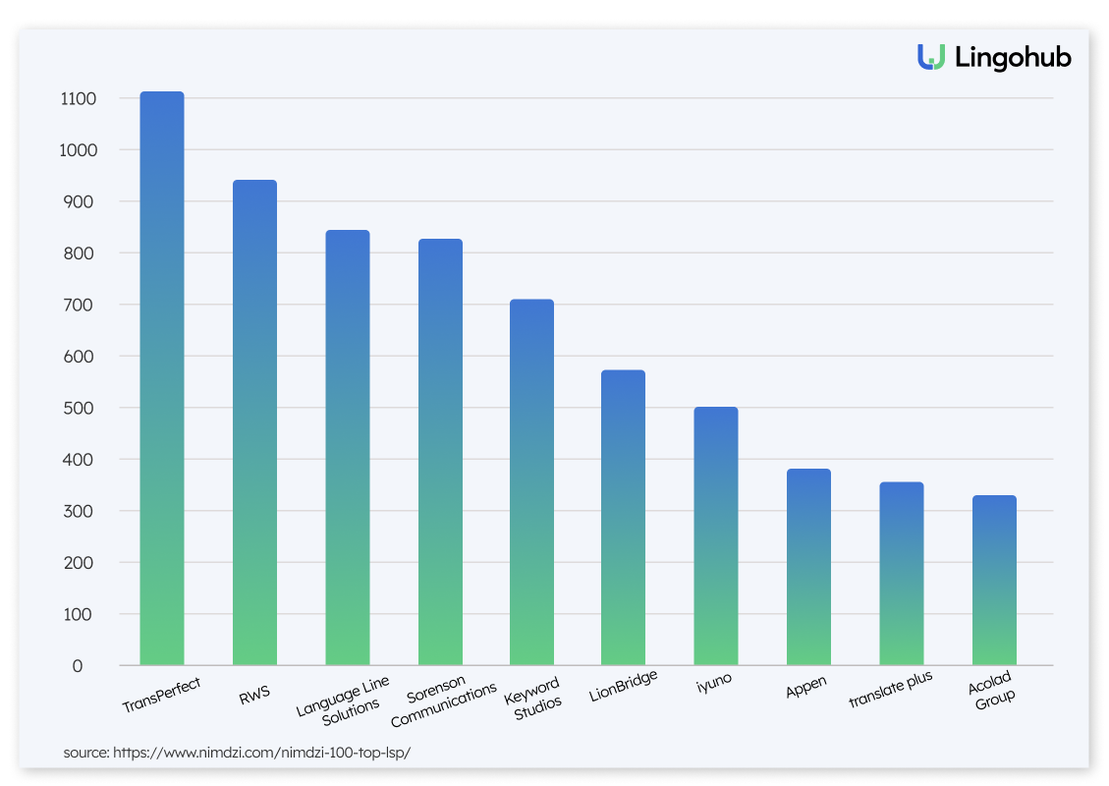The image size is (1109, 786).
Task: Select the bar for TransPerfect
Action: pyautogui.click(x=162, y=378)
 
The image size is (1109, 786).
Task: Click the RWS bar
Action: pyautogui.click(x=254, y=422)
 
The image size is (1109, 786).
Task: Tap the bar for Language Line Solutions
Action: pyautogui.click(x=348, y=447)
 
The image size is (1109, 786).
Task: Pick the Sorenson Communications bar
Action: pyautogui.click(x=440, y=452)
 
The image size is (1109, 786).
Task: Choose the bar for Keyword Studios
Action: pyautogui.click(x=531, y=481)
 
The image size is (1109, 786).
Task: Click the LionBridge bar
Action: pyautogui.click(x=623, y=517)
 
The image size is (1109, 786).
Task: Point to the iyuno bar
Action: pyautogui.click(x=715, y=535)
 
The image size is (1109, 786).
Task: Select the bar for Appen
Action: pyautogui.click(x=808, y=567)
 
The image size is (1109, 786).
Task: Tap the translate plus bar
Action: pyautogui.click(x=901, y=574)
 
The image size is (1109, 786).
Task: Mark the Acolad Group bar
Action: pyautogui.click(x=994, y=580)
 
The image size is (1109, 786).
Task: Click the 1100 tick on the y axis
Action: pyautogui.click(x=78, y=99)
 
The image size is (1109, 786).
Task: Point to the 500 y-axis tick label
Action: pyautogui.click(x=82, y=408)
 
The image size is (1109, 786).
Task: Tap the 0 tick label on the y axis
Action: pyautogui.click(x=77, y=666)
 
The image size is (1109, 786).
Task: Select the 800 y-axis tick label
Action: pyautogui.click(x=82, y=253)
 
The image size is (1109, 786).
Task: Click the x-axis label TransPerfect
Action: pyautogui.click(x=161, y=696)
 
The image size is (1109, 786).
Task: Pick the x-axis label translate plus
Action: pyautogui.click(x=890, y=690)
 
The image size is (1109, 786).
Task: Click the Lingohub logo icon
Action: pyautogui.click(x=931, y=57)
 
